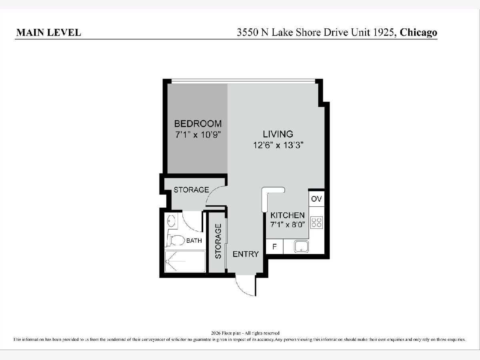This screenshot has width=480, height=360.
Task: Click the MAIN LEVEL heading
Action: (48, 32)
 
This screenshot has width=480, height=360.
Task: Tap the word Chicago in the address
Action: (418, 32)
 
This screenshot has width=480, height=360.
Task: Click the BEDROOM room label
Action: (198, 124)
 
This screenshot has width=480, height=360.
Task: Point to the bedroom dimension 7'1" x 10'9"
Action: (198, 135)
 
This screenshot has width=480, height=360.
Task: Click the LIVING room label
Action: (278, 134)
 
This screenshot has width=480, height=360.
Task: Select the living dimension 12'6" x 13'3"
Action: (278, 145)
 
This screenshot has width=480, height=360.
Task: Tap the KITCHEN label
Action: (288, 215)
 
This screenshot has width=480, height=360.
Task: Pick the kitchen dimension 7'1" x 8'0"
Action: (288, 224)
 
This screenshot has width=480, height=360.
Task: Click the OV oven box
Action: (316, 199)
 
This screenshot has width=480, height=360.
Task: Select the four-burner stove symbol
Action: (316, 222)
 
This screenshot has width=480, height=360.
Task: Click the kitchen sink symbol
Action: (301, 246)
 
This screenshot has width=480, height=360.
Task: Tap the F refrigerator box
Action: (274, 246)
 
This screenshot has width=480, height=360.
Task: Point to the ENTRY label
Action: (246, 254)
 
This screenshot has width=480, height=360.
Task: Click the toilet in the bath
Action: (176, 240)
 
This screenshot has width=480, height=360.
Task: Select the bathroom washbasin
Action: (171, 221)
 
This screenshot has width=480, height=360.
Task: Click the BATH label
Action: (194, 241)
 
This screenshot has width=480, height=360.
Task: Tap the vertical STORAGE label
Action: (218, 241)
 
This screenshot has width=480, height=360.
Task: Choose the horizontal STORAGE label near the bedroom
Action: (191, 190)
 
